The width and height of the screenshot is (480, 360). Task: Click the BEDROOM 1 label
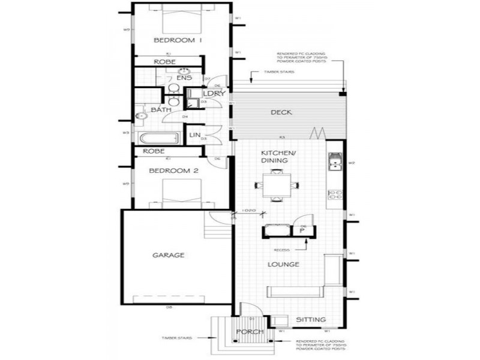pyautogui.click(x=178, y=40)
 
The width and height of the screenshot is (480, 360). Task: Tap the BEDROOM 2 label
pyautogui.click(x=173, y=171)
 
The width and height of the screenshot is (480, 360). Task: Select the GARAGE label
pyautogui.click(x=168, y=255)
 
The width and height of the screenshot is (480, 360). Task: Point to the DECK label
pyautogui.click(x=281, y=112)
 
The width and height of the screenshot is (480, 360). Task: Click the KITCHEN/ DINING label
pyautogui.click(x=275, y=157)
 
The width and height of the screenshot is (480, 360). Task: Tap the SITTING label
pyautogui.click(x=311, y=320)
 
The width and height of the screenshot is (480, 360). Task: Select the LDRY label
pyautogui.click(x=213, y=94)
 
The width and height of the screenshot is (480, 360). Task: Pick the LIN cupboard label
pyautogui.click(x=195, y=135)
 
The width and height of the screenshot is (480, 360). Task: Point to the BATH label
pyautogui.click(x=161, y=110)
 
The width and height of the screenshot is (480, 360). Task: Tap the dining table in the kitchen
pyautogui.click(x=277, y=185)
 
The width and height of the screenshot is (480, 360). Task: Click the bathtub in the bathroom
pyautogui.click(x=160, y=138)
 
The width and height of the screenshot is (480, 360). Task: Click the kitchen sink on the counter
pyautogui.click(x=334, y=163)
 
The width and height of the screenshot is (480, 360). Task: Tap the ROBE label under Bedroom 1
pyautogui.click(x=164, y=62)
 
